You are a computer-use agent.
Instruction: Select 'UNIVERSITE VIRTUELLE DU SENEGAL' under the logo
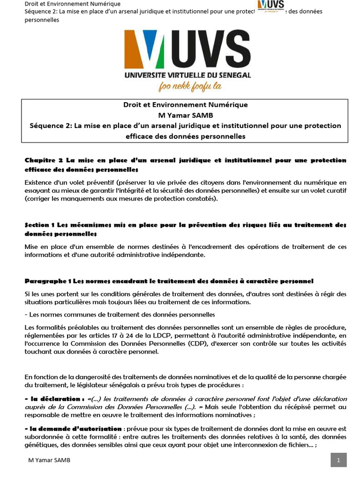(187, 75)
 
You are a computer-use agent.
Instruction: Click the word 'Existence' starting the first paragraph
(40, 182)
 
